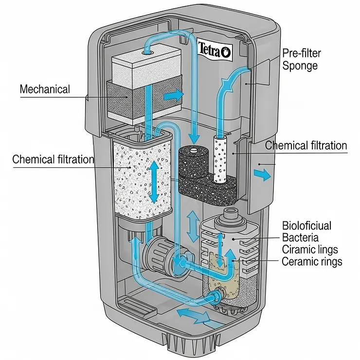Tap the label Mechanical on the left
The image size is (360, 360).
(45, 90)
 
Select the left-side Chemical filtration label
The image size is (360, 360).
(53, 160)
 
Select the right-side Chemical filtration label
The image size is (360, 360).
(306, 145)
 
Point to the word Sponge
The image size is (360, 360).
(300, 66)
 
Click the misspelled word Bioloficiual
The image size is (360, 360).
(306, 226)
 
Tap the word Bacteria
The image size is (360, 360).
(301, 238)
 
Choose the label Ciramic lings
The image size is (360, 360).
(309, 250)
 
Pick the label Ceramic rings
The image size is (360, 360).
(312, 262)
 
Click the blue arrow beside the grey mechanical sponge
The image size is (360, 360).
(173, 95)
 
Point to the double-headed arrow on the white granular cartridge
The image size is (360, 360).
(155, 182)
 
